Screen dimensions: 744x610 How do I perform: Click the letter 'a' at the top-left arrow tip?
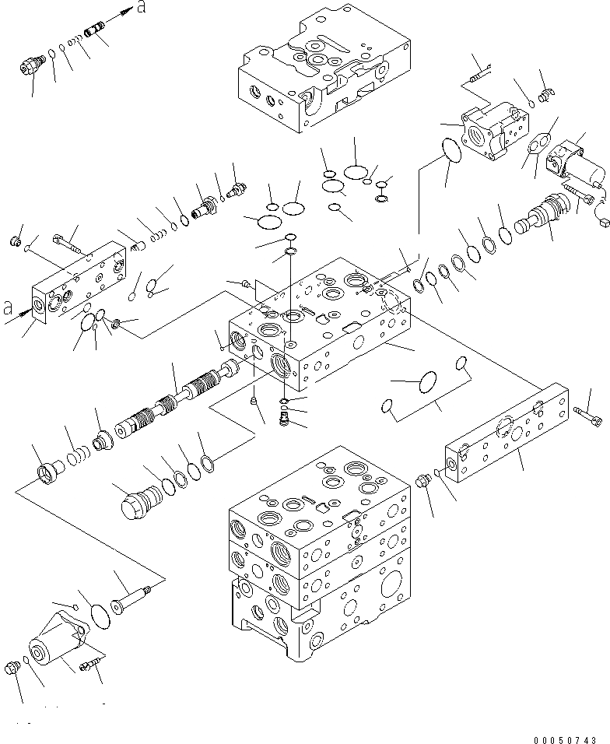pyautogui.click(x=141, y=7)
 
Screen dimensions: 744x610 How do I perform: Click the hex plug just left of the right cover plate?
pyautogui.click(x=425, y=483)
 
